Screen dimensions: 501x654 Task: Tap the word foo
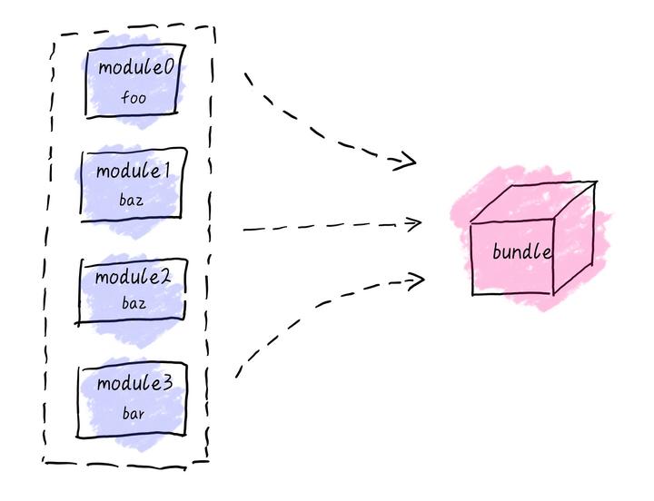click(134, 97)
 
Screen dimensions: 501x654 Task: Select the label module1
click(133, 172)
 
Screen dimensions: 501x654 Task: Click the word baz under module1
click(132, 199)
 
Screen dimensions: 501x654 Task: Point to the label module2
click(134, 278)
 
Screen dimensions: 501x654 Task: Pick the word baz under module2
click(134, 304)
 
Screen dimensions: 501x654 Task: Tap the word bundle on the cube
click(520, 252)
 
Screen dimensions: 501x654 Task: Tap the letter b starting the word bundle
click(497, 251)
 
